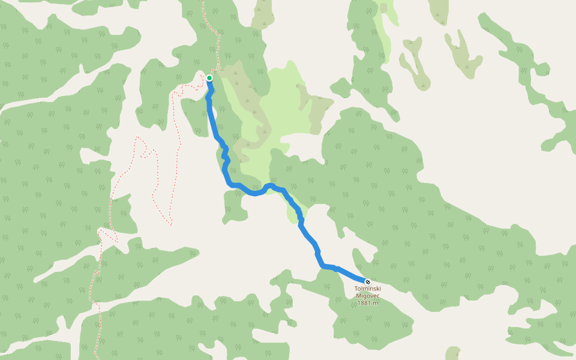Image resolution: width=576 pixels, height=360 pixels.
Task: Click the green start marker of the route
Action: (209, 78)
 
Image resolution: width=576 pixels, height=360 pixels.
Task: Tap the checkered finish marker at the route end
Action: (368, 282)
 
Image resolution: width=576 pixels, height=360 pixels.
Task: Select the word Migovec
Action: (368, 296)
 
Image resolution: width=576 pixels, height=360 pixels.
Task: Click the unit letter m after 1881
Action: (376, 303)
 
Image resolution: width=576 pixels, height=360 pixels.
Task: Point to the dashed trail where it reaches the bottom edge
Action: (96, 354)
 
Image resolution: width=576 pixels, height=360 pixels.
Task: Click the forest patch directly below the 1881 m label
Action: (372, 324)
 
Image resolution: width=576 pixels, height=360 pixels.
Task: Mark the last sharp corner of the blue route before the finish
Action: (323, 265)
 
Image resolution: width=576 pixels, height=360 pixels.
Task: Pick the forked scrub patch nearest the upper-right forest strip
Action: (462, 54)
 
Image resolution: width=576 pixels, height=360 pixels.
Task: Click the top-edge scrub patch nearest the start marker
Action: (262, 15)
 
